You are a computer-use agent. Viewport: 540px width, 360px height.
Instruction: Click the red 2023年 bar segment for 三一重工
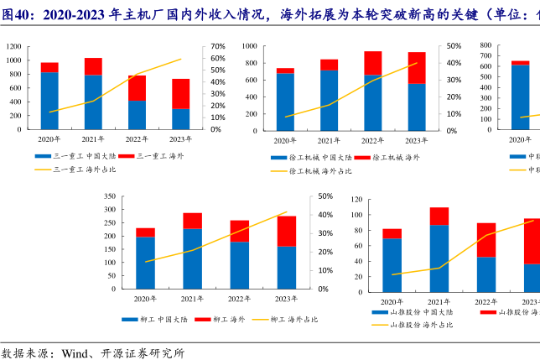tap(181, 93)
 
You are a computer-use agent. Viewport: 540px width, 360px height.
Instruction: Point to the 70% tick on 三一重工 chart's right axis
tap(217, 47)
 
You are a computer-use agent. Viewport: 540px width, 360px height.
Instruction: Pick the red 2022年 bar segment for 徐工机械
tap(372, 63)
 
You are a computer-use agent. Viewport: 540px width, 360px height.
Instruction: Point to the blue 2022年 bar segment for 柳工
tap(239, 264)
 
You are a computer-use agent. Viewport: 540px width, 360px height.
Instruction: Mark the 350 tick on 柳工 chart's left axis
tap(106, 196)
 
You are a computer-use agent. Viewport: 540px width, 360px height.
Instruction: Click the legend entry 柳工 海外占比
tap(290, 320)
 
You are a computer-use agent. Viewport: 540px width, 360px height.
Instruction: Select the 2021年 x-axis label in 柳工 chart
tap(192, 299)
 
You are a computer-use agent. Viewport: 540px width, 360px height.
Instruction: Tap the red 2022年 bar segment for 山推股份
tap(486, 240)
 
